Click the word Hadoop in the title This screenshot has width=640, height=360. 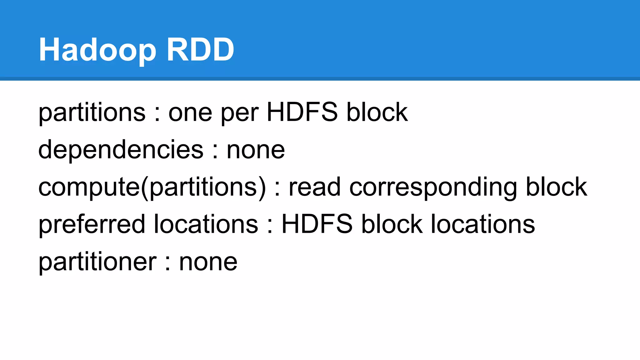click(97, 50)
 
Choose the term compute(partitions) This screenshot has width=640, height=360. click(152, 187)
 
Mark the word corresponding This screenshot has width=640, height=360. click(433, 187)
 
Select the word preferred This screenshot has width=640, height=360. click(92, 224)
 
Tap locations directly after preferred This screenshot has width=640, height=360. click(206, 224)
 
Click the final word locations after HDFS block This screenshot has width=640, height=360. click(483, 224)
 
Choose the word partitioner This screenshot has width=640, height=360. click(97, 262)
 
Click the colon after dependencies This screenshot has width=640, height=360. click(215, 151)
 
